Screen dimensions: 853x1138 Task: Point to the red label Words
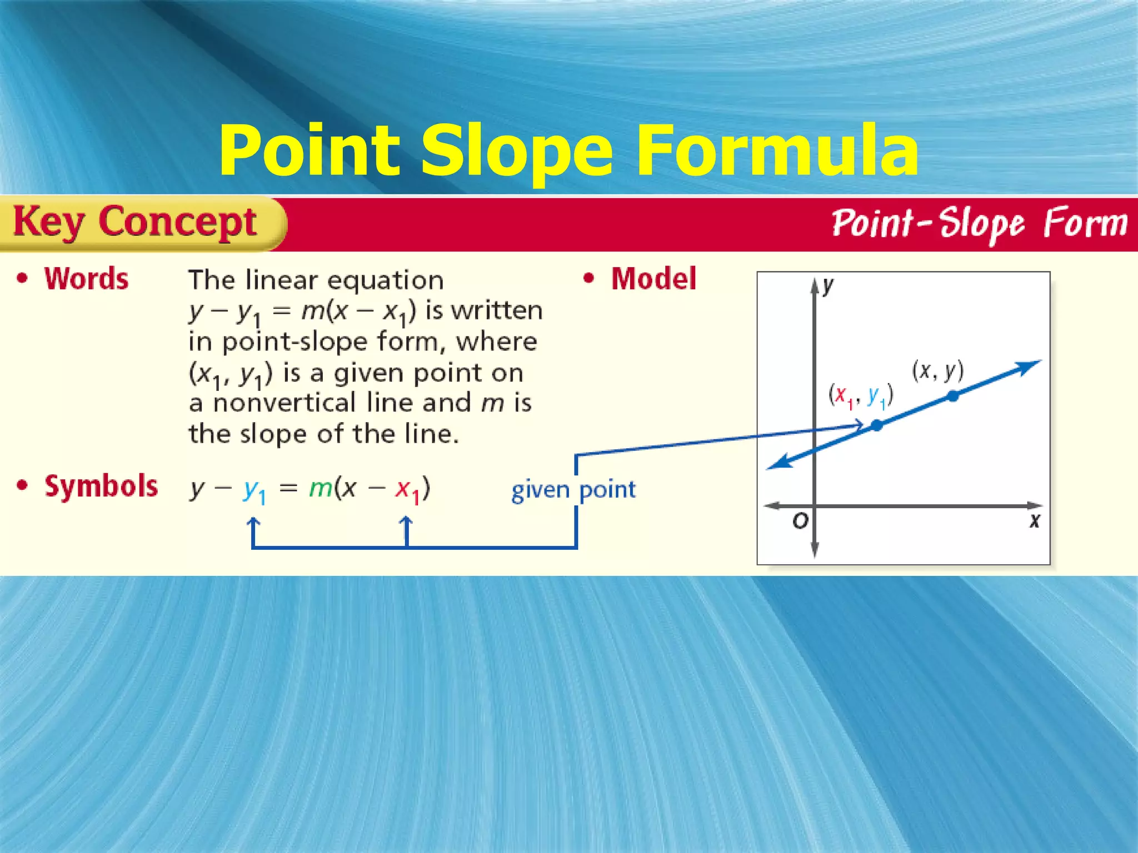[87, 279]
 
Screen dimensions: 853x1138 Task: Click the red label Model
[653, 279]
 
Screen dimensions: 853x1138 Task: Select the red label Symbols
[101, 486]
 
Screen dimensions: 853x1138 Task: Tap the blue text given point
[573, 490]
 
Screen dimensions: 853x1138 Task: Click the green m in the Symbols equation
[320, 488]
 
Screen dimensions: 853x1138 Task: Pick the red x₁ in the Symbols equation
[407, 490]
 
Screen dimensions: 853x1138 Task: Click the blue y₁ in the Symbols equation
[254, 490]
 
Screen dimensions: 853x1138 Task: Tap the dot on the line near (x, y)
[953, 396]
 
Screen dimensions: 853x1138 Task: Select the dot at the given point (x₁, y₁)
[877, 425]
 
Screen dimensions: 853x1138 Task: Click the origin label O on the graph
[800, 521]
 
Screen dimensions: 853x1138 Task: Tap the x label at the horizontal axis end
[1034, 521]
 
